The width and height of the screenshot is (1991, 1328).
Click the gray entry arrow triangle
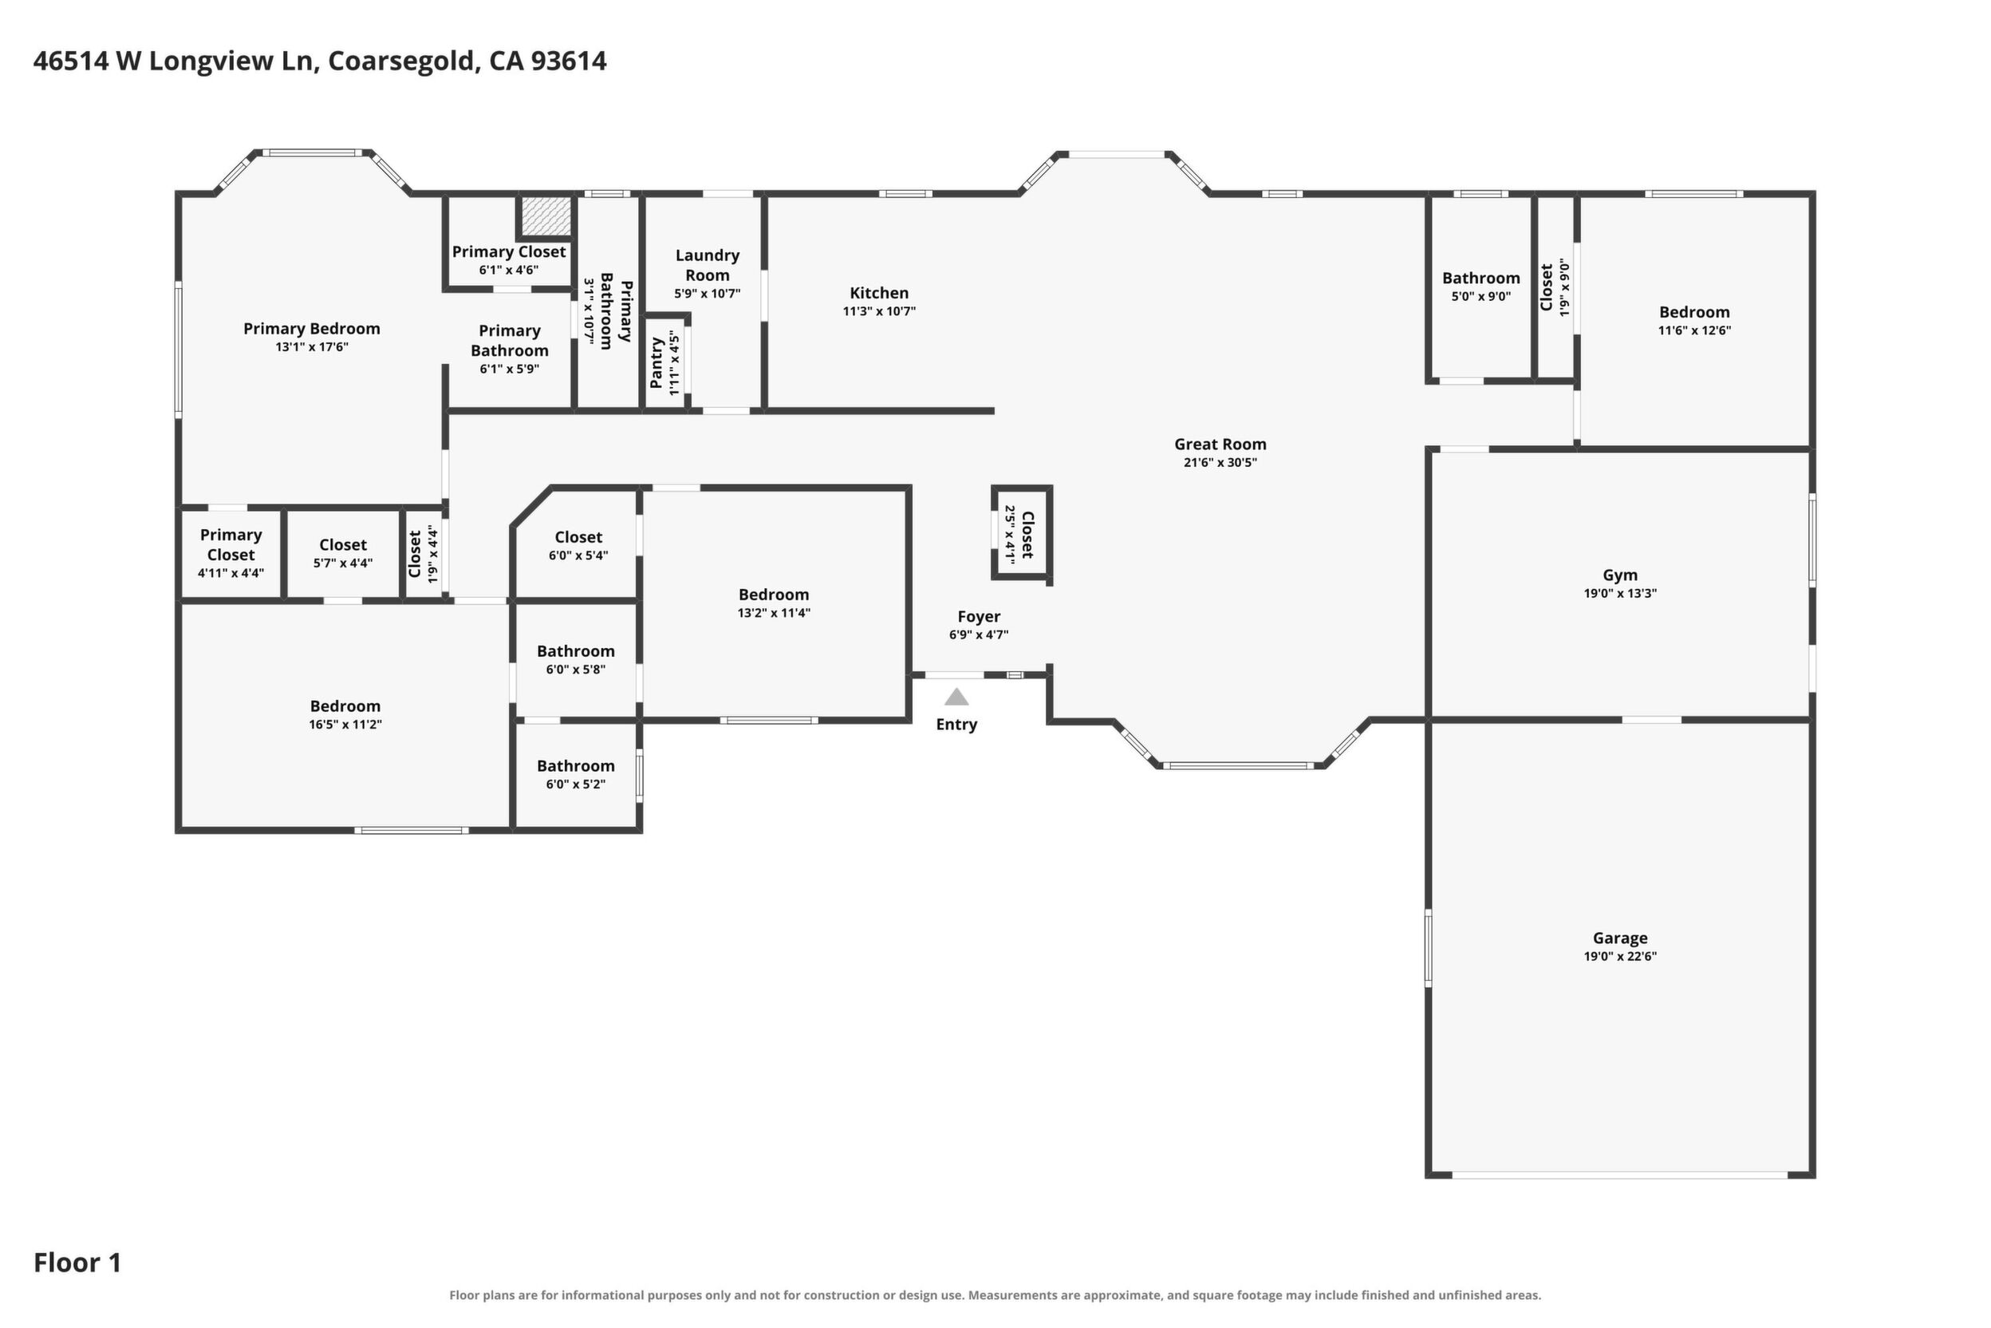coord(956,696)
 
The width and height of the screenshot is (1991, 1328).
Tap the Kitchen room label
coord(879,293)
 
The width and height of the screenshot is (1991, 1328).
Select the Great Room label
coord(1220,444)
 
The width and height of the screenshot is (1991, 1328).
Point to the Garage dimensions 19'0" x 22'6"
coord(1619,956)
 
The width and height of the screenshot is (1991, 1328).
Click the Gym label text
coord(1619,575)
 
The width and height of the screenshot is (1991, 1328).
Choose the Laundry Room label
coord(707,265)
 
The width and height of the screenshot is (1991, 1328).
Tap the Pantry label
coord(656,362)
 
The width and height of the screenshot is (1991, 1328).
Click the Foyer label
coord(979,617)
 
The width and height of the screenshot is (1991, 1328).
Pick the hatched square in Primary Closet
coord(546,217)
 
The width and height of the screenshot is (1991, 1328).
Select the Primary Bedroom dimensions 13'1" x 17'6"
coord(312,346)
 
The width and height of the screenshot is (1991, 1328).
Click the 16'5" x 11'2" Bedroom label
coord(345,706)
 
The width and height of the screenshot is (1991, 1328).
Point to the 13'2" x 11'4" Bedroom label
coord(773,595)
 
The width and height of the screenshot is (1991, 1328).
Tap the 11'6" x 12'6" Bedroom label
coord(1694,312)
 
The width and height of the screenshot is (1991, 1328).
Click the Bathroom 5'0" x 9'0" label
coord(1480,278)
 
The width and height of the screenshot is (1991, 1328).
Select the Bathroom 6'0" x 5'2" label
coord(576,765)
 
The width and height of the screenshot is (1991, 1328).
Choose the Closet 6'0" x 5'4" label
coord(578,537)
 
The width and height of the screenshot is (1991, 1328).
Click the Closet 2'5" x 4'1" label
coord(1027,535)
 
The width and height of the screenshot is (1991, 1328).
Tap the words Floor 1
coord(77,1263)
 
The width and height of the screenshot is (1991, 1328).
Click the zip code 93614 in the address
coord(569,61)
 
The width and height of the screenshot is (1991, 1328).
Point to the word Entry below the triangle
coord(956,725)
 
